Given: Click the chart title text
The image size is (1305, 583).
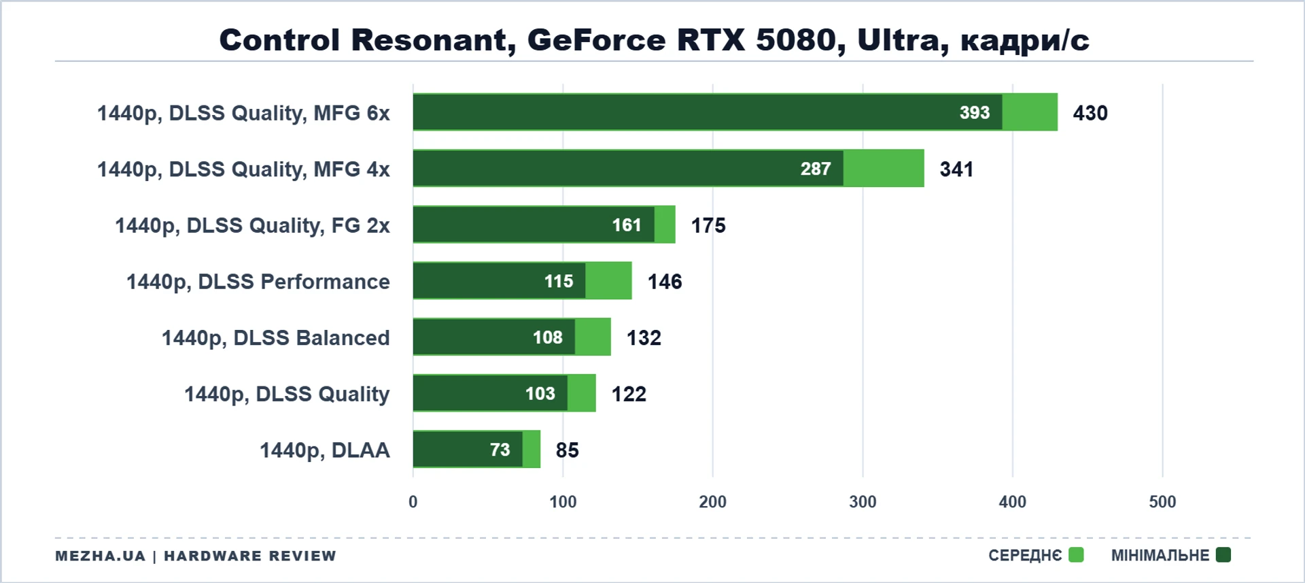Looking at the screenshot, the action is click(x=654, y=39).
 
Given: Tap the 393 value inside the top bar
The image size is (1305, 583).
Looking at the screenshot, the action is click(x=975, y=112).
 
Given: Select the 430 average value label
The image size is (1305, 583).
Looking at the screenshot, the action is click(x=1090, y=113).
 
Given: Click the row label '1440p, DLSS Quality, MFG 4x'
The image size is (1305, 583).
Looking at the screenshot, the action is click(x=243, y=169).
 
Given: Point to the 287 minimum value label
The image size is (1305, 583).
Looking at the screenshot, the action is click(x=816, y=169).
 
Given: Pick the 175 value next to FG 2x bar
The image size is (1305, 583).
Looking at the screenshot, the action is click(x=708, y=225).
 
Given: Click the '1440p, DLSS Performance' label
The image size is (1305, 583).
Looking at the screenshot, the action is click(x=258, y=282).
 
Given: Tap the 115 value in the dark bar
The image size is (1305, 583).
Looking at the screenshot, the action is click(x=559, y=281).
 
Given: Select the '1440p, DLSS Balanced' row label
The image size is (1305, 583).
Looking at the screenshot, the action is click(x=275, y=338).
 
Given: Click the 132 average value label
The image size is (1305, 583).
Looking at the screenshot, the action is click(x=644, y=337).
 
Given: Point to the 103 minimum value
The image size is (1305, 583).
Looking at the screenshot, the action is click(x=540, y=393).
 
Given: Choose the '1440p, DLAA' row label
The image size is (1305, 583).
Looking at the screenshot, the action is click(x=325, y=450).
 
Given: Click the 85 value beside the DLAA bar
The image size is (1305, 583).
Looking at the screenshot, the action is click(x=568, y=450).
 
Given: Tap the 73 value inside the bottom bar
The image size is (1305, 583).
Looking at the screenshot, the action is click(x=500, y=450).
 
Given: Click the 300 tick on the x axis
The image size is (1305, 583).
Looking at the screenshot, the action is click(x=863, y=502).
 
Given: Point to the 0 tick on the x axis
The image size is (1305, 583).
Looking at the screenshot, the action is click(x=413, y=502).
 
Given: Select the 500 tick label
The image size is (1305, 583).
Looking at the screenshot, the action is click(x=1162, y=502).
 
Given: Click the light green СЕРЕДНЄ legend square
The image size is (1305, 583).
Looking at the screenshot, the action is click(x=1076, y=555).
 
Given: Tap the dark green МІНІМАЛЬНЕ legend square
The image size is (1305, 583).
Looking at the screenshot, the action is click(x=1223, y=555).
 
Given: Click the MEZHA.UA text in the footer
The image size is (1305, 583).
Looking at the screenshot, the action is click(x=101, y=556).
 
